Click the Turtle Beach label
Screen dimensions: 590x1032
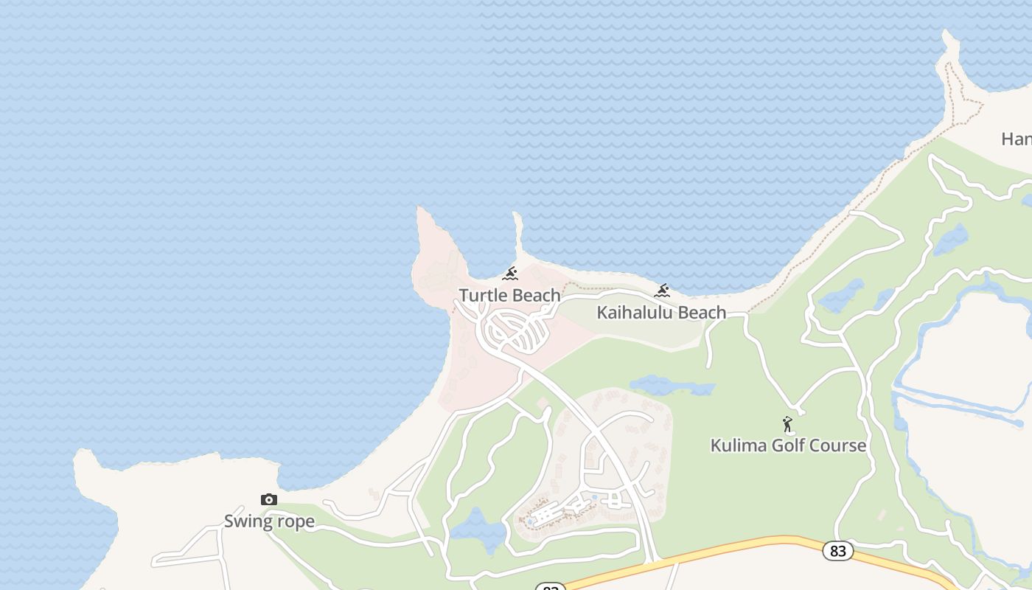[509, 296]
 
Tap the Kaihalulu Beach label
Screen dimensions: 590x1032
[661, 313]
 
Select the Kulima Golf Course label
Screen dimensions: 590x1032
[788, 445]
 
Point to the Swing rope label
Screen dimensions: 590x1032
[269, 521]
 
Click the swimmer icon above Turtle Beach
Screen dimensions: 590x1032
[509, 274]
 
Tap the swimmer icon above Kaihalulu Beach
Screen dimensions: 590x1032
[662, 291]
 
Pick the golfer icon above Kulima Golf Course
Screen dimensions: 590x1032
[787, 425]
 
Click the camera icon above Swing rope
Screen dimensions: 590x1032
[269, 500]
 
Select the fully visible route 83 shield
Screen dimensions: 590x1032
[837, 551]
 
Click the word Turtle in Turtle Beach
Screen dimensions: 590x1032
[483, 296]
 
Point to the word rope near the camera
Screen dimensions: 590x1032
[296, 522]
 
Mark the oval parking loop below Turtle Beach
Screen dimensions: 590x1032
[519, 331]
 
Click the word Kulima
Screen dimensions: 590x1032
[734, 445]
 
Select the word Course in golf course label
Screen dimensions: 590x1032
[837, 445]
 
